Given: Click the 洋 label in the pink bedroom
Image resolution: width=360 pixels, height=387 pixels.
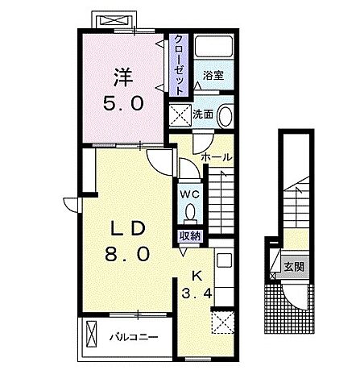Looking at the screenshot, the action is point(124,77).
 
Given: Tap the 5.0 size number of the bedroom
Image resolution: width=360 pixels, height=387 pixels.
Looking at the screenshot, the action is point(123,103).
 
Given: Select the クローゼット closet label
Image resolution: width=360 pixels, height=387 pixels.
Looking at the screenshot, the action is point(179,64).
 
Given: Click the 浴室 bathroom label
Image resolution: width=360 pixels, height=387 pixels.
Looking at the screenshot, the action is point(213,76).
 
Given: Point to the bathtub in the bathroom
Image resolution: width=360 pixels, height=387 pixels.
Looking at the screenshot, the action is point(213,46).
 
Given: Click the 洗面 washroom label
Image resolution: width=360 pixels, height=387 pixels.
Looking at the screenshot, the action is point(203,114).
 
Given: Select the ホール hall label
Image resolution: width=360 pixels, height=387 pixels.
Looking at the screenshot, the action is point(217,157).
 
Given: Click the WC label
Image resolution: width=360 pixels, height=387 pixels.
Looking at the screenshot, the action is point(190,194).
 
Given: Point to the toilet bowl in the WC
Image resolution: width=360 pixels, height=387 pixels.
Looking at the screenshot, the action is point(190,211).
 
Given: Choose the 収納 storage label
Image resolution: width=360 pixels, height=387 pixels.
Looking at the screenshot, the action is point(190,236).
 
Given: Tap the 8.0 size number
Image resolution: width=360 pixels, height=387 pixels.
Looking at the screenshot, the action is point(127,255).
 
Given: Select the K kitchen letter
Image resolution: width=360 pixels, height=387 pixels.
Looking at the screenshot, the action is point(197,276).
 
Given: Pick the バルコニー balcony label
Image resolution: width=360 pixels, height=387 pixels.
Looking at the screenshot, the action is point(134,337).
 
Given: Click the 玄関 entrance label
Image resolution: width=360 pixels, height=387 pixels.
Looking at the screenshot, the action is point(294,267).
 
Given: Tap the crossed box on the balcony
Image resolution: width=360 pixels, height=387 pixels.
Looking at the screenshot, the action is point(92,334).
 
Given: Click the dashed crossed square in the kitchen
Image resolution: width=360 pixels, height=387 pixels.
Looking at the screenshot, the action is point(222,322).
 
